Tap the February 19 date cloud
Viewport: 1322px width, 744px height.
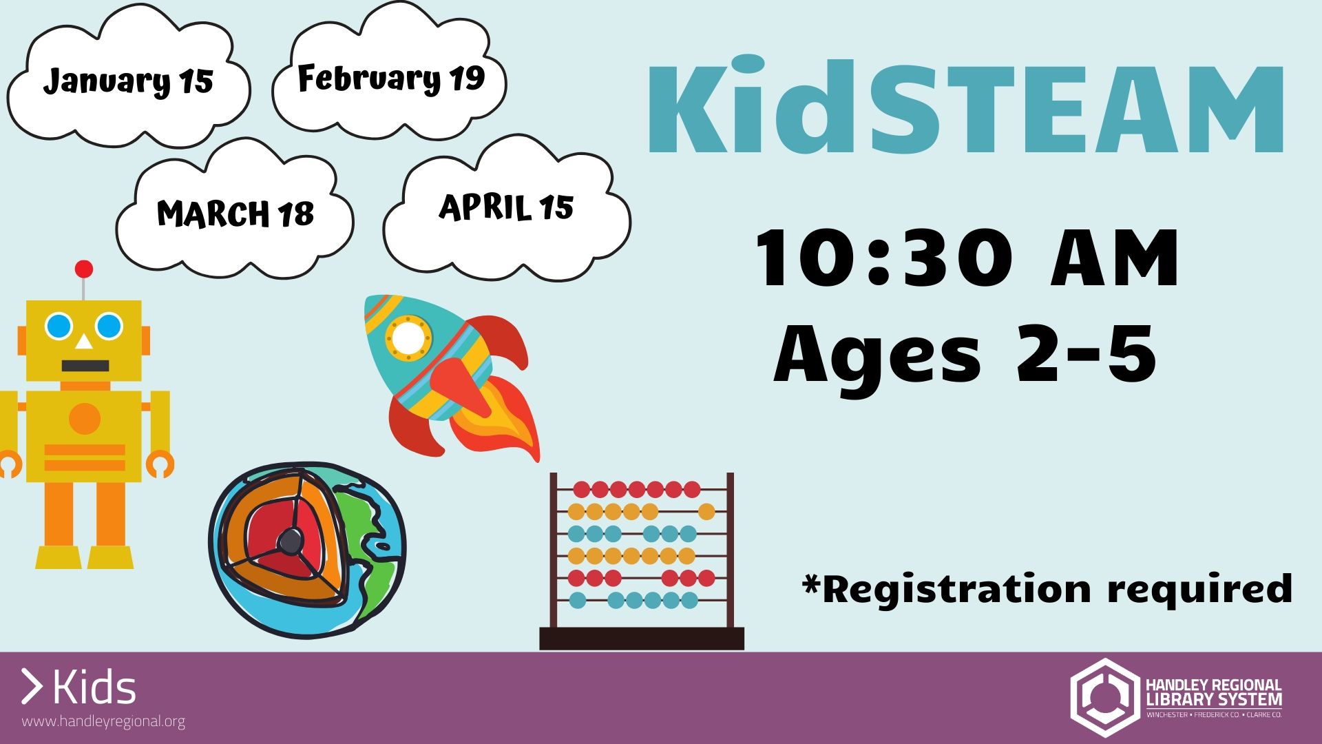pos(390,78)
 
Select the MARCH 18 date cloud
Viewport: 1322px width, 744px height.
pos(235,214)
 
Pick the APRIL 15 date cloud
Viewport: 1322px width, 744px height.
pos(506,207)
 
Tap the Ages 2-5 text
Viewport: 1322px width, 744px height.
pos(965,354)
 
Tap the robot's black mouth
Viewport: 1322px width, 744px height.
pos(85,366)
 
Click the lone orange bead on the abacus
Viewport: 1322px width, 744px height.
pos(706,512)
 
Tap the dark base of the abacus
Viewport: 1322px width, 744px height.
pos(642,639)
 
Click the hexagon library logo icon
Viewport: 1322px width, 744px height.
pos(1104,697)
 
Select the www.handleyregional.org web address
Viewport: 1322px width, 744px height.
pos(103,722)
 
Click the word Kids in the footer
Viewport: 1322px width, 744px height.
pos(94,688)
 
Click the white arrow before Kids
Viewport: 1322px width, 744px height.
pos(32,686)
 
